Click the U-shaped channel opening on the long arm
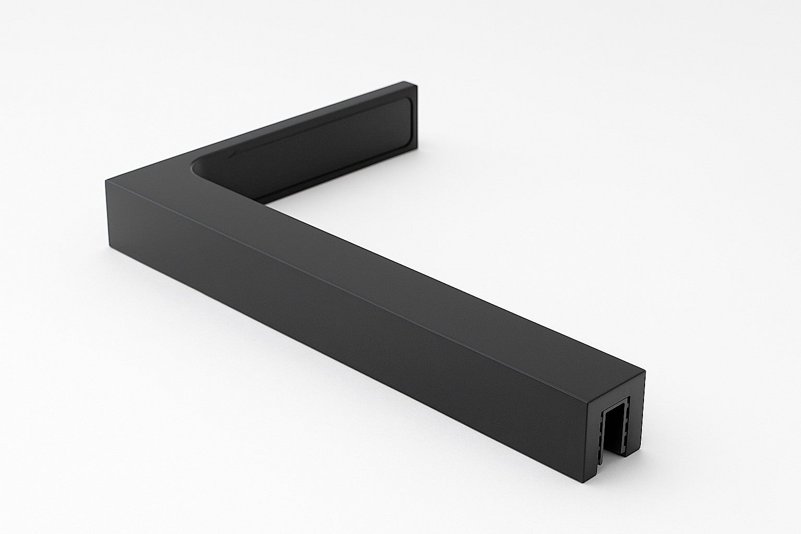coord(616,428)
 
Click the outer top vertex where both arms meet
coord(106,180)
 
